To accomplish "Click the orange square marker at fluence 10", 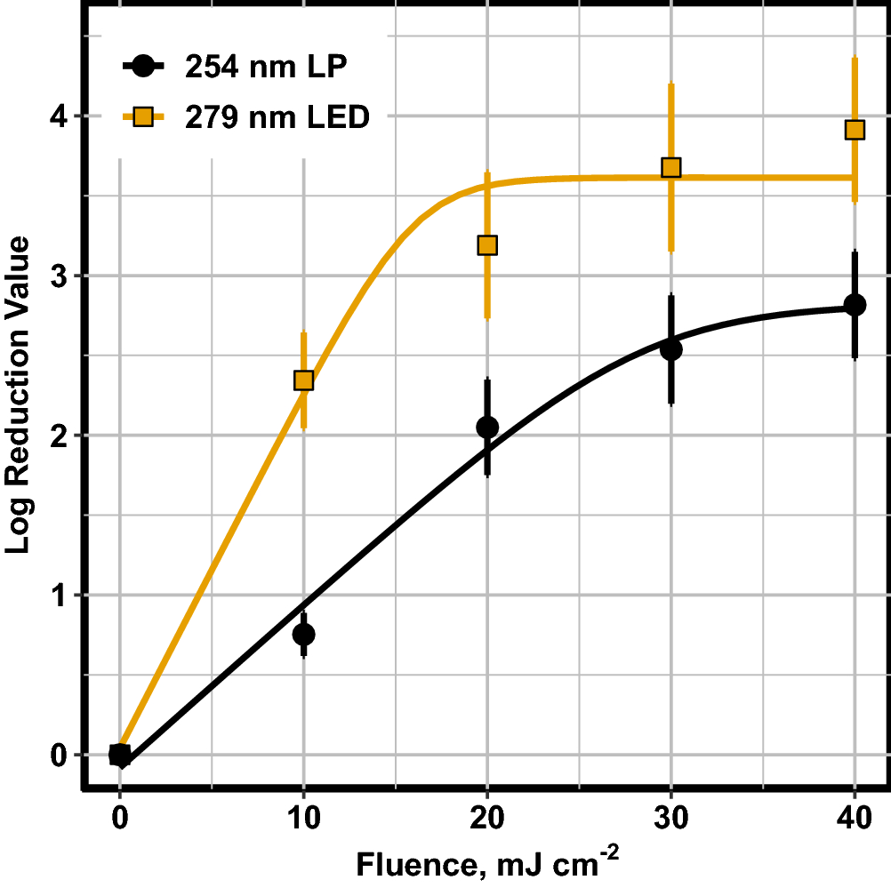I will pyautogui.click(x=303, y=380).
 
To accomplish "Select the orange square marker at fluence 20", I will pyautogui.click(x=487, y=245).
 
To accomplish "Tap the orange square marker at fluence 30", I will pyautogui.click(x=671, y=168).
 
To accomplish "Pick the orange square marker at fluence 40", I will pyautogui.click(x=855, y=131).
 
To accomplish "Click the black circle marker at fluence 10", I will pyautogui.click(x=303, y=634).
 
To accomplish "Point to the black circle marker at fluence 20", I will pyautogui.click(x=487, y=428).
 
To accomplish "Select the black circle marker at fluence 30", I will pyautogui.click(x=671, y=349).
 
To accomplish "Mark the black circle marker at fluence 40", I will pyautogui.click(x=855, y=305).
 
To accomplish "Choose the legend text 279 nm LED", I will pyautogui.click(x=277, y=116).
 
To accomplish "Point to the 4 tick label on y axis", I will pyautogui.click(x=60, y=116).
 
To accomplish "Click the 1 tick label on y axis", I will pyautogui.click(x=60, y=595).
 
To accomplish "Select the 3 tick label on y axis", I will pyautogui.click(x=60, y=276).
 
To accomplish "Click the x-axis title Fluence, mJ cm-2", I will pyautogui.click(x=487, y=863).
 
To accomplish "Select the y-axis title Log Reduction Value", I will pyautogui.click(x=19, y=394).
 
